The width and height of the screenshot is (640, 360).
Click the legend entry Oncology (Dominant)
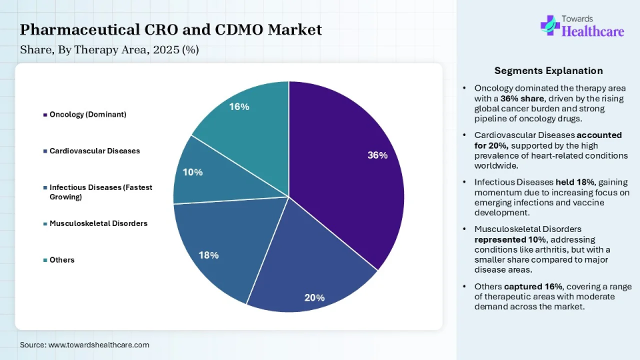pyautogui.click(x=87, y=115)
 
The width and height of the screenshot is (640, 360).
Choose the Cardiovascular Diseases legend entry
pyautogui.click(x=94, y=151)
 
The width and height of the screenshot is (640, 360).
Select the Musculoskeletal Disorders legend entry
pyautogui.click(x=98, y=223)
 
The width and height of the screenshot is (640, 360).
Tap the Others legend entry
pyautogui.click(x=62, y=259)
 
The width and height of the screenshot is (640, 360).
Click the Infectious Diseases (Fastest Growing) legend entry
pyautogui.click(x=100, y=192)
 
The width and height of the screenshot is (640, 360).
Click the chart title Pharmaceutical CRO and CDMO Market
pyautogui.click(x=171, y=29)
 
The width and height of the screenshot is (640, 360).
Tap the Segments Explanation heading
pyautogui.click(x=549, y=71)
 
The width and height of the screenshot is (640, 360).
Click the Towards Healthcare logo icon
pyautogui.click(x=550, y=25)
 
